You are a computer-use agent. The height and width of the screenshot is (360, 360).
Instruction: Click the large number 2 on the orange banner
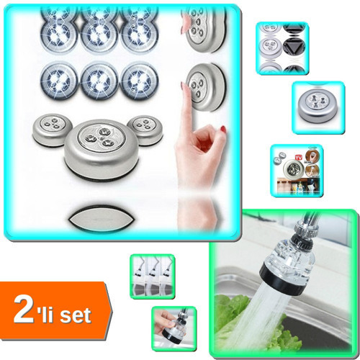[24, 310]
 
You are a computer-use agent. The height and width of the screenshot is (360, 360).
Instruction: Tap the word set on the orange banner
[76, 315]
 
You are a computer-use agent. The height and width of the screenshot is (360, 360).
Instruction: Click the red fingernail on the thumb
[223, 129]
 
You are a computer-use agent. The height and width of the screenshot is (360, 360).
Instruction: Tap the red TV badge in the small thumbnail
[298, 158]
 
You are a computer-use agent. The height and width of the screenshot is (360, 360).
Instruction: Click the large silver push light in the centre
[102, 149]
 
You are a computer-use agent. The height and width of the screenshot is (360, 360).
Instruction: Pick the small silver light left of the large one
[52, 130]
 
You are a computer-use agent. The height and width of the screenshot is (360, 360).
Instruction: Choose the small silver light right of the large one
[145, 130]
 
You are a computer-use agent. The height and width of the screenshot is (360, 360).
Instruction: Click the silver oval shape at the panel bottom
[100, 219]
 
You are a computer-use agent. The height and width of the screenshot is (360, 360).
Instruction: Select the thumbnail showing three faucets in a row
[153, 276]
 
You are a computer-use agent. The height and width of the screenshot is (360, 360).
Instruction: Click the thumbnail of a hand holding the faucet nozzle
[174, 329]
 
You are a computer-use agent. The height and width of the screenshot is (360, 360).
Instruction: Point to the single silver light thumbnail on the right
[318, 107]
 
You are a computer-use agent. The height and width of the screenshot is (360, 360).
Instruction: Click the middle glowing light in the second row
[99, 80]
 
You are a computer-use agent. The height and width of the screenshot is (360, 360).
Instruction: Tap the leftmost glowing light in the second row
[59, 80]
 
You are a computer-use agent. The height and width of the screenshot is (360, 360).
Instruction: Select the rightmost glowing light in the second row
[139, 80]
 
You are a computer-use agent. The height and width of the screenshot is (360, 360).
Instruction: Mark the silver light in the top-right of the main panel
[204, 27]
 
